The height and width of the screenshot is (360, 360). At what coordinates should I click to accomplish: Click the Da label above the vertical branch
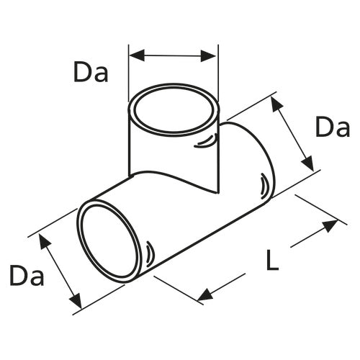pos(90,72)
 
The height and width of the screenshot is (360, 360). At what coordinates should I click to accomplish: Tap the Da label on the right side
pos(333,128)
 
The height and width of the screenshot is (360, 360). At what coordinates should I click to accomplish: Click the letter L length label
pos(271,261)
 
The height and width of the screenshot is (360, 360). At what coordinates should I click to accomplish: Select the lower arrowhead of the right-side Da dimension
pos(310,165)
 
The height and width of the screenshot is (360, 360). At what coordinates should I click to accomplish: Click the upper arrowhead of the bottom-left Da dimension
pos(44,240)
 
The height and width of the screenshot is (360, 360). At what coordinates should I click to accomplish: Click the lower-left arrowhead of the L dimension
pos(205,294)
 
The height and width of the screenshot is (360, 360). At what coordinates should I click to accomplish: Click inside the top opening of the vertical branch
pos(173,111)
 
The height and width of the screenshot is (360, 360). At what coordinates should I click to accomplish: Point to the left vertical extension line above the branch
pos(129,72)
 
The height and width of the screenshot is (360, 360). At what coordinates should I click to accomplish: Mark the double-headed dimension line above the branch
pos(173,55)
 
